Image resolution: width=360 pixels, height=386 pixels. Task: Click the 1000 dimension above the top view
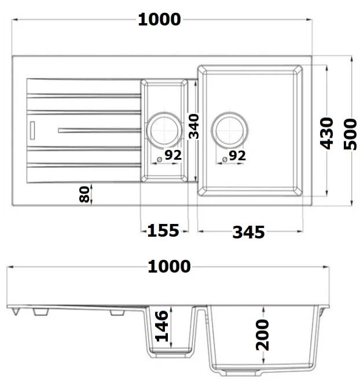tap(159, 20)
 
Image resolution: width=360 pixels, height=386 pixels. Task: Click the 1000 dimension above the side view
tap(169, 266)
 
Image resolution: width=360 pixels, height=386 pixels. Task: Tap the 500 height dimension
tap(350, 134)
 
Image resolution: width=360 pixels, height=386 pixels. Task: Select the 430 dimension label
tap(326, 134)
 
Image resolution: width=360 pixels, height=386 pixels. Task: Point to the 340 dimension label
tap(193, 126)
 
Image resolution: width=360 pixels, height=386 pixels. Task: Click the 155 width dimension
tap(163, 231)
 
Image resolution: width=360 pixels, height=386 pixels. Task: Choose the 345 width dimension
tap(248, 232)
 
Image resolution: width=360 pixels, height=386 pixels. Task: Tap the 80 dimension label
tap(85, 194)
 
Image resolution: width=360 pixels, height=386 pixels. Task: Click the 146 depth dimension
tap(162, 326)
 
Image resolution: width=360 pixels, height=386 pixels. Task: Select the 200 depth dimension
tap(262, 335)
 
